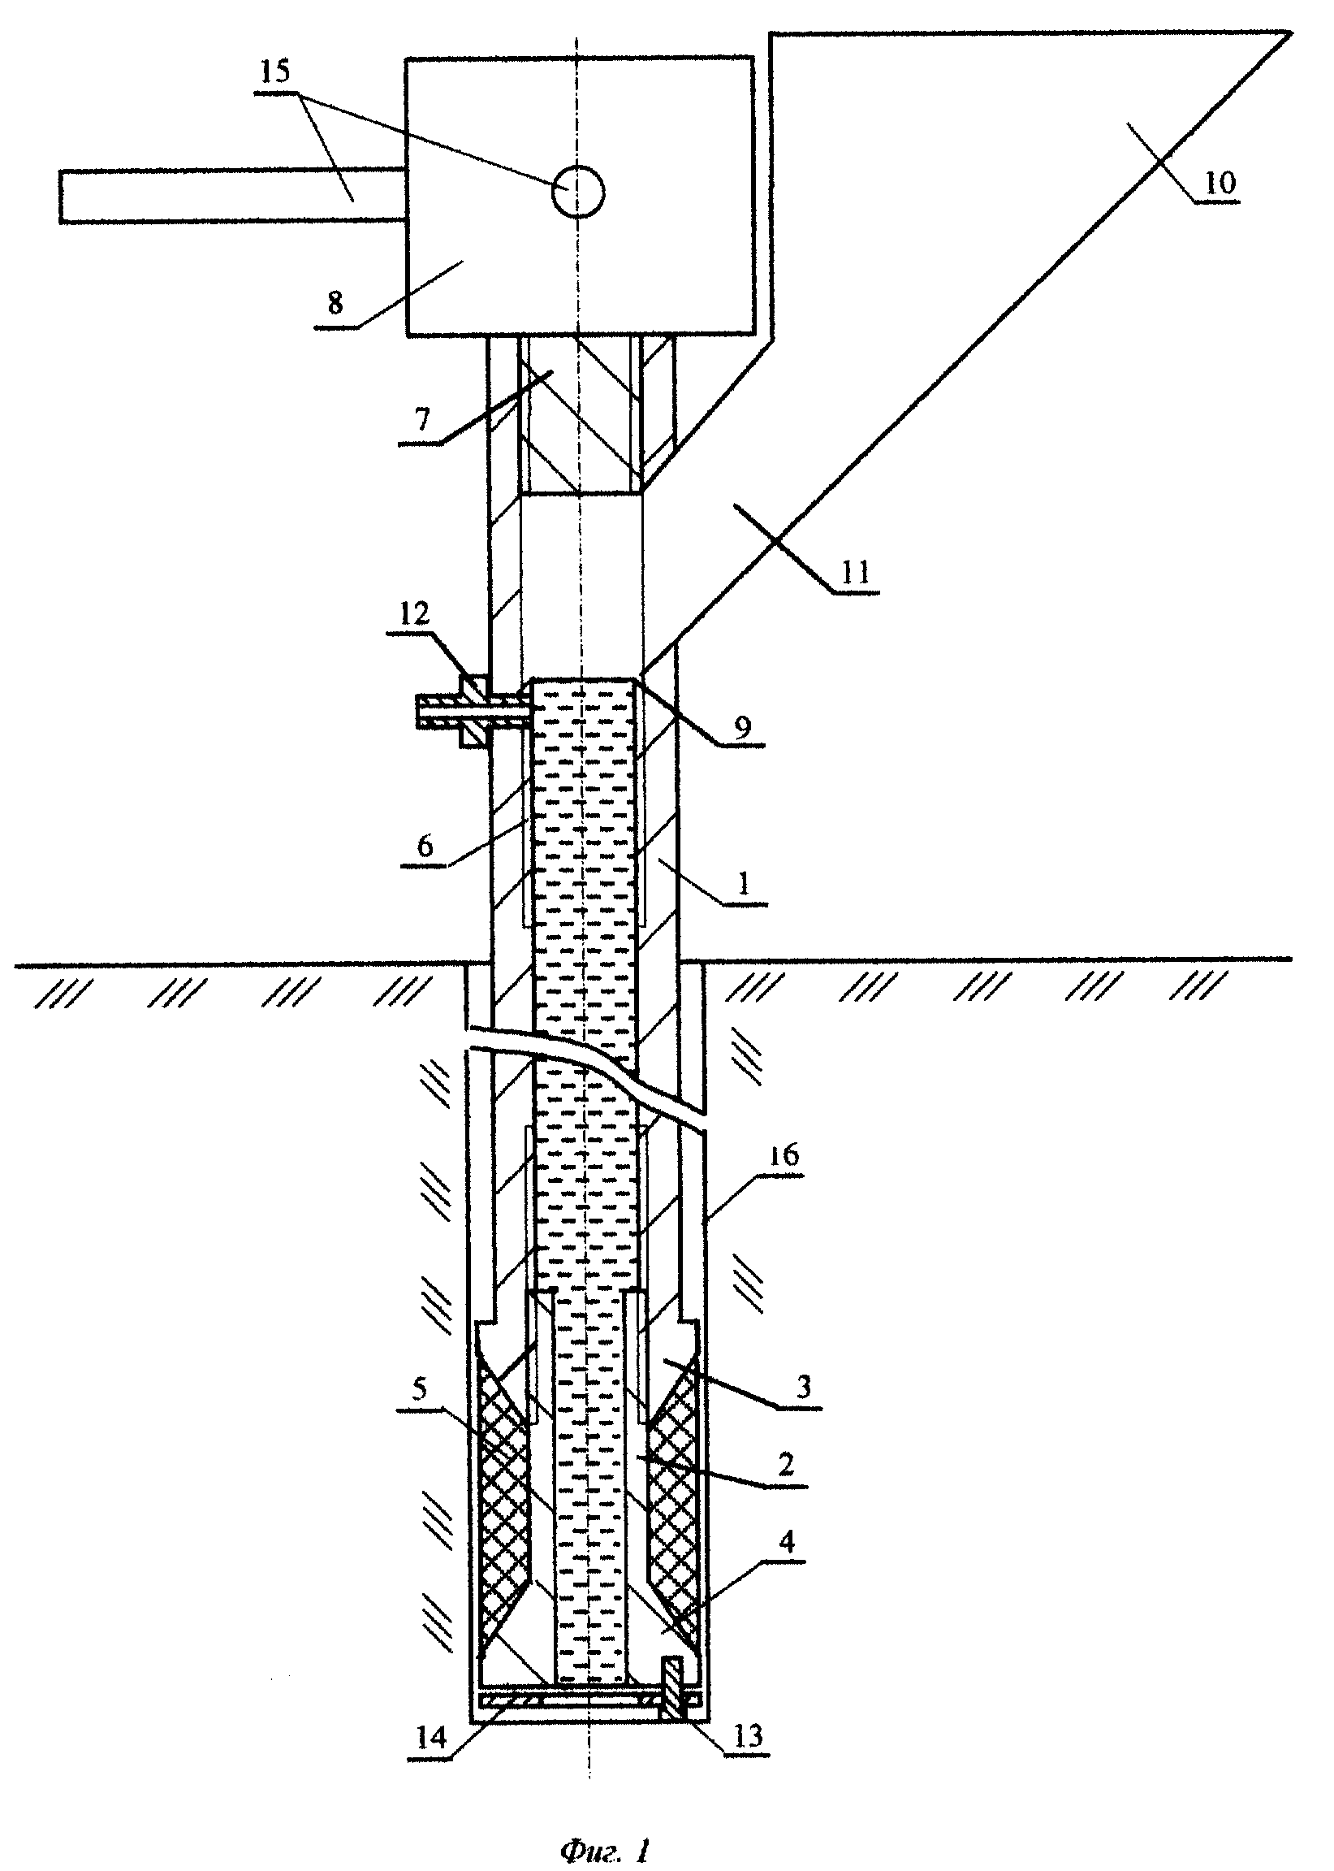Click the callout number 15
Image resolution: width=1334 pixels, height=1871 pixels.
point(275,71)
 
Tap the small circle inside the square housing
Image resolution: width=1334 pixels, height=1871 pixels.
point(578,192)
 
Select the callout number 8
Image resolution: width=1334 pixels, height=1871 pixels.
point(335,304)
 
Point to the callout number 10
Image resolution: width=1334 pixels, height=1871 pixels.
point(1218,183)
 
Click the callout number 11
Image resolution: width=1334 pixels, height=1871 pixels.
point(855,572)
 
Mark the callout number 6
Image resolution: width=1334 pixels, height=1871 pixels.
point(425,846)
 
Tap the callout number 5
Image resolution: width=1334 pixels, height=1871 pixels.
point(419,1389)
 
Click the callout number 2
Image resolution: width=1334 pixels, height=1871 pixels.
point(786,1465)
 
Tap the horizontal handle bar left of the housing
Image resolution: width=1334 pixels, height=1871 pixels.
point(232,196)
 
